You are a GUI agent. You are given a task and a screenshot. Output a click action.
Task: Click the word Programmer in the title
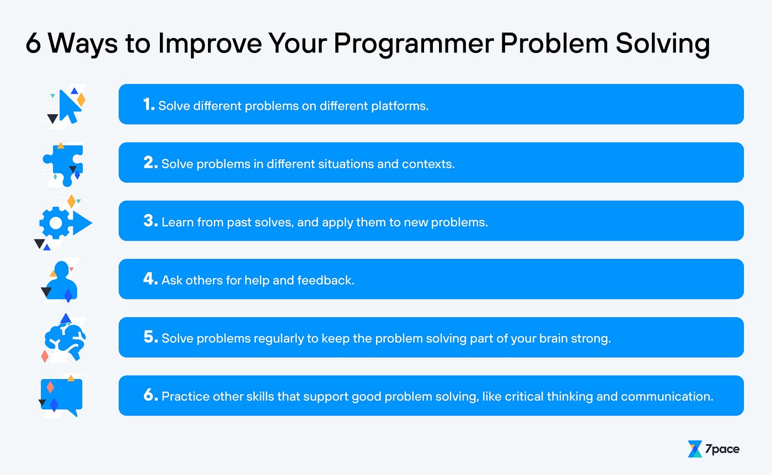coord(414,44)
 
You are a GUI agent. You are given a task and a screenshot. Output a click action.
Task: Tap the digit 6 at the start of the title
coord(34,43)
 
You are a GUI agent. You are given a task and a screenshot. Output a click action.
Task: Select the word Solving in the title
coord(663,44)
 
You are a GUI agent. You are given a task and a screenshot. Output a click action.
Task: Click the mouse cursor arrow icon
coord(70,105)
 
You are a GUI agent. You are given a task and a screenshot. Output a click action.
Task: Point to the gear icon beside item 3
coord(56,223)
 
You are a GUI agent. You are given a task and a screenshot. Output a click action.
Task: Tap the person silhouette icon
coord(62,280)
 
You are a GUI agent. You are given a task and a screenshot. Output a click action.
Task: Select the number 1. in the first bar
coord(149,104)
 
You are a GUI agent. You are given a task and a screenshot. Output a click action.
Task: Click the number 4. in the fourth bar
coord(151,279)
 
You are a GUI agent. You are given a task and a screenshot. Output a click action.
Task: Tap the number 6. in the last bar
coord(151,395)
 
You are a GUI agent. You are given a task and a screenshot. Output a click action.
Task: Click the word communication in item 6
coord(667,397)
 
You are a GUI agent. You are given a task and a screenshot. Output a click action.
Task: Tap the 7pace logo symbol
coord(695,449)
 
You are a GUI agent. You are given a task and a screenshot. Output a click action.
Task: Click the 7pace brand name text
coord(722,449)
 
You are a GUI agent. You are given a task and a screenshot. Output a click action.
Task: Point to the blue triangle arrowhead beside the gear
coord(82,223)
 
